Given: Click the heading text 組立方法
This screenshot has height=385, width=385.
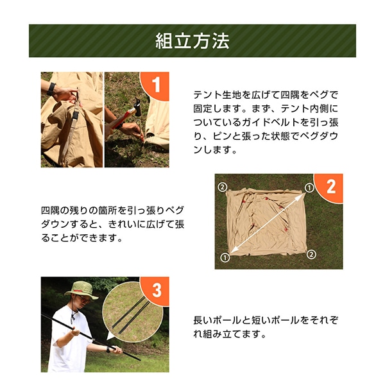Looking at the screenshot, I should tap(193, 41).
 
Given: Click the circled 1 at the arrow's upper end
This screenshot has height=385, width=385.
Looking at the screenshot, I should tap(309, 188).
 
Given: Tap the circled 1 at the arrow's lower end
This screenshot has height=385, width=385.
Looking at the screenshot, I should tap(225, 257).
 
